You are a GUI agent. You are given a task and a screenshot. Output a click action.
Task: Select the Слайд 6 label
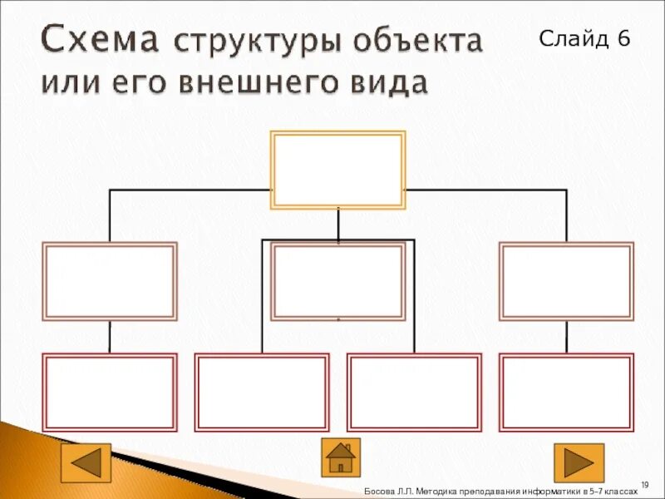click(585, 38)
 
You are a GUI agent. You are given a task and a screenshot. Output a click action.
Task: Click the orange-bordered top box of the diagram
click(338, 170)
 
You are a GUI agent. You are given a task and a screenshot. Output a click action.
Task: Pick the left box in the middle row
click(110, 281)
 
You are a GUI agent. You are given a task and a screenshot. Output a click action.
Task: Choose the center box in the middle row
click(338, 281)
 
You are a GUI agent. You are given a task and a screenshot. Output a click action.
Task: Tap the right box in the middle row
click(566, 281)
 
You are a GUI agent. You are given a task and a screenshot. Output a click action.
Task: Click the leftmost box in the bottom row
click(110, 393)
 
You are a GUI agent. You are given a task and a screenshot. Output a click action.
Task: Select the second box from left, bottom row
click(262, 393)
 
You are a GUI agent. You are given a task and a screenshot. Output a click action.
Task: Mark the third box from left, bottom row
click(414, 393)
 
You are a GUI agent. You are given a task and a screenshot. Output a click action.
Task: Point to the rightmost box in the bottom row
click(566, 393)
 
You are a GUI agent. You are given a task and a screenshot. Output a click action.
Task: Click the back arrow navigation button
click(86, 462)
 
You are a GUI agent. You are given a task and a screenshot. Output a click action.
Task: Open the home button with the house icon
click(341, 457)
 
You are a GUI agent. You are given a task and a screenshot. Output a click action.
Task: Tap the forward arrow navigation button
click(579, 462)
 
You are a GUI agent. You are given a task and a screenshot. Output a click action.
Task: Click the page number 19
click(644, 483)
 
